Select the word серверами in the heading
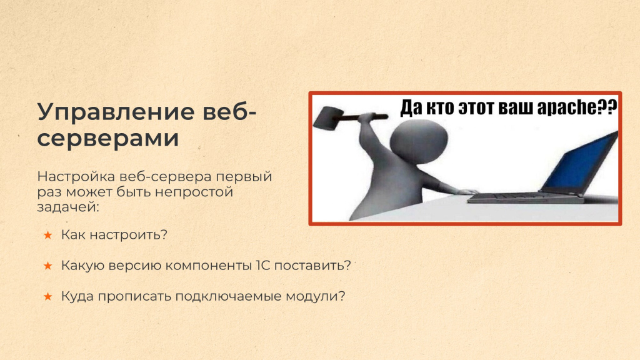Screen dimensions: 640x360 click(x=108, y=138)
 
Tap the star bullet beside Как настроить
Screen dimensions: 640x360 click(x=47, y=235)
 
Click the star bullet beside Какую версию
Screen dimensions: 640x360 click(x=47, y=266)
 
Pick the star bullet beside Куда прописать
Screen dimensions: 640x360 click(x=47, y=296)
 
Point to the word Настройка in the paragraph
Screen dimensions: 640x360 click(x=76, y=177)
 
